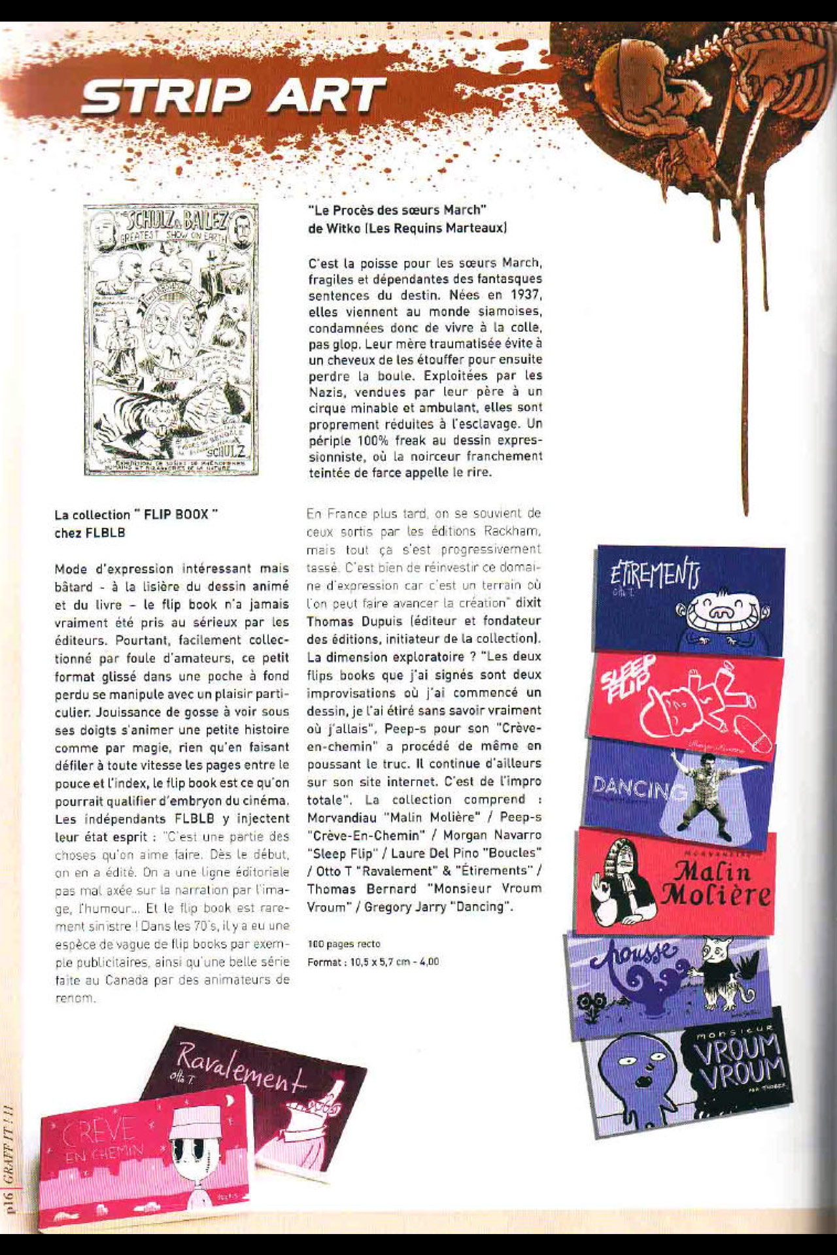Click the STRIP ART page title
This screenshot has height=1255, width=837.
(232, 95)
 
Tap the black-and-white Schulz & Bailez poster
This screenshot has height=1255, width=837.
(171, 339)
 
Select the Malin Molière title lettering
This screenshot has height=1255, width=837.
(715, 882)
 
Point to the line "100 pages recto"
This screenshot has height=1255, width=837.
(344, 944)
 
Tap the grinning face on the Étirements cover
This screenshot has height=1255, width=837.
(723, 615)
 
